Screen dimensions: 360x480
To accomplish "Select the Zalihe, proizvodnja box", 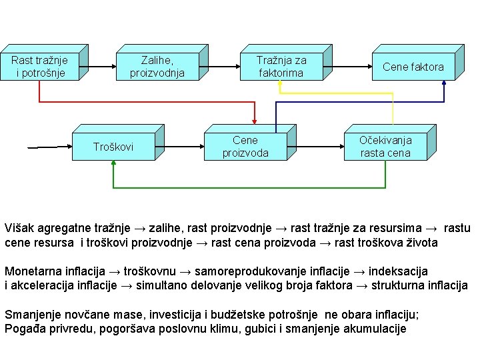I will (x=157, y=67).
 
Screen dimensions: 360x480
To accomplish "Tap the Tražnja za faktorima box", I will (x=281, y=67).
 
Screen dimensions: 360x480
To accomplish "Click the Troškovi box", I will (x=113, y=147).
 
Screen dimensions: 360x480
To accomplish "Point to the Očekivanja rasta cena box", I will (x=385, y=147).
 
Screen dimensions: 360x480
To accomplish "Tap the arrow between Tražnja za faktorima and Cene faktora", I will (x=349, y=67).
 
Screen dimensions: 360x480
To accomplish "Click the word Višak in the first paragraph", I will (x=18, y=229).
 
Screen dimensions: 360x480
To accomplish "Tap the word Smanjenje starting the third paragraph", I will (x=31, y=315).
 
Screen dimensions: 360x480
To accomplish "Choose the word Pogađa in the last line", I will (x=23, y=329).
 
